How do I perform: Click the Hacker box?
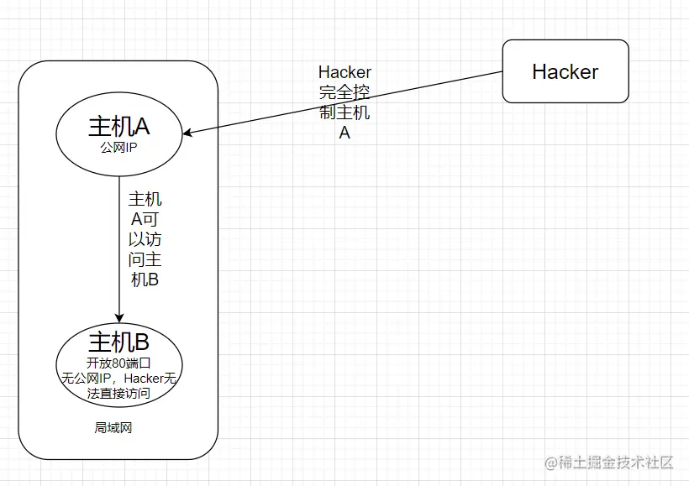click(565, 71)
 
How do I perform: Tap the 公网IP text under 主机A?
click(119, 147)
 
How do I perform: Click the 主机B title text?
click(119, 342)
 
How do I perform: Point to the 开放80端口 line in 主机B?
click(118, 363)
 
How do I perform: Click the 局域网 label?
click(113, 427)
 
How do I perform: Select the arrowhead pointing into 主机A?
click(189, 133)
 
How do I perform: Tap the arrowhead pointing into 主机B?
click(119, 317)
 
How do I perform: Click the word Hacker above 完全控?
click(344, 72)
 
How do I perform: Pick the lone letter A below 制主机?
click(344, 133)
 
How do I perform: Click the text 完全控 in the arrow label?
click(344, 92)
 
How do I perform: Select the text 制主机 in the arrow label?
click(344, 112)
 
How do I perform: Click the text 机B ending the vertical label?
click(145, 280)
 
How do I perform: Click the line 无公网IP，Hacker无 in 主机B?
click(118, 378)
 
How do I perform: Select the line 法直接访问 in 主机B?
click(118, 392)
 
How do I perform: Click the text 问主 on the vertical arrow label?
click(145, 260)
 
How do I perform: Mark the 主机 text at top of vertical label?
click(145, 200)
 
